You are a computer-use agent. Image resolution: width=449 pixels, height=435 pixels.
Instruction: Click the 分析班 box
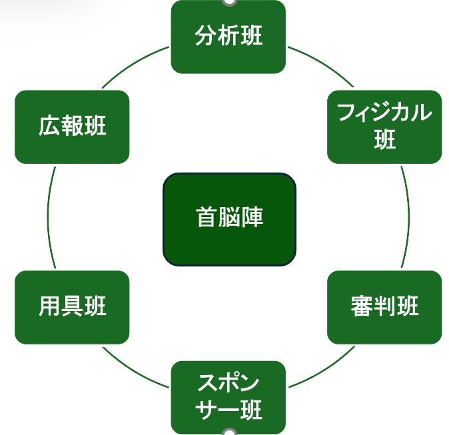tap(228, 37)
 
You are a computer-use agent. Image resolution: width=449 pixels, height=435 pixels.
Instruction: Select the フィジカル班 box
tap(384, 127)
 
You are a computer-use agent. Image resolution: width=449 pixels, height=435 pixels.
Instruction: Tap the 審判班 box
tap(384, 307)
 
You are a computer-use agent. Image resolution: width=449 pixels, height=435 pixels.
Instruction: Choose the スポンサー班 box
tap(228, 397)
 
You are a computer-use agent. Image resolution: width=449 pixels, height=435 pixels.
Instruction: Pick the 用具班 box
tap(72, 307)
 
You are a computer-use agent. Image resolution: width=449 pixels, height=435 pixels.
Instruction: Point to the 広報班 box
tap(72, 127)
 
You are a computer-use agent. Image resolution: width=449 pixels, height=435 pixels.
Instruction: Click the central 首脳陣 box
tap(229, 218)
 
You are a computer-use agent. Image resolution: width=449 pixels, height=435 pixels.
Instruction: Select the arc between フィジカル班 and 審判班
tap(408, 217)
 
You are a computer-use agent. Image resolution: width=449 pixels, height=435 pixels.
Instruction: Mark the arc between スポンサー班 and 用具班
tap(135, 370)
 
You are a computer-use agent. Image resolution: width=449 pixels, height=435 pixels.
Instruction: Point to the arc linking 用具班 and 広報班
tap(49, 217)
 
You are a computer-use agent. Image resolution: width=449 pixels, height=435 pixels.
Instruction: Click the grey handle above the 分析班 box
tap(228, 2)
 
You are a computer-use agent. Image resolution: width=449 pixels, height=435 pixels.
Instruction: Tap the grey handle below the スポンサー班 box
tap(228, 432)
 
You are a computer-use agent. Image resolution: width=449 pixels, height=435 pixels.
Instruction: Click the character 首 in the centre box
tap(205, 218)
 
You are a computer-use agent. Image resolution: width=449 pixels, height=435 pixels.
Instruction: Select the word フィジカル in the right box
tap(384, 113)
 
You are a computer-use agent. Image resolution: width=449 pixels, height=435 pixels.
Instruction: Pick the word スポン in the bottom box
tap(228, 384)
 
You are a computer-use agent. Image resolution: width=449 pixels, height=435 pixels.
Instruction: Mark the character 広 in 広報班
tap(49, 127)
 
